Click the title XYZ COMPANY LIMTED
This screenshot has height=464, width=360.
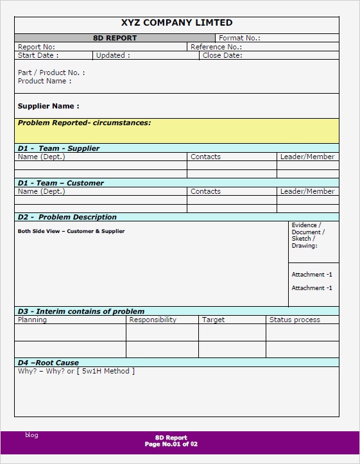[x=176, y=23]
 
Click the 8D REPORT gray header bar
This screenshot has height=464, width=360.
[x=115, y=38]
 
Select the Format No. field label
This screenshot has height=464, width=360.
[x=239, y=38]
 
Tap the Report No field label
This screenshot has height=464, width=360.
[x=37, y=47]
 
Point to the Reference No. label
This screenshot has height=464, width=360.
[x=216, y=47]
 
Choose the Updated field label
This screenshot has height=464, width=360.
[x=113, y=55]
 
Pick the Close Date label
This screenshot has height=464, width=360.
[x=222, y=55]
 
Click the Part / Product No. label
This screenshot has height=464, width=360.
[x=51, y=73]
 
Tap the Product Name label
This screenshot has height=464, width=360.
[x=45, y=81]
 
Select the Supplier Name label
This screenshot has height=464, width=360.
[x=49, y=106]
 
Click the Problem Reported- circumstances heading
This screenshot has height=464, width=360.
[x=84, y=123]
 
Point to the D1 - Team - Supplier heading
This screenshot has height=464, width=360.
[x=58, y=148]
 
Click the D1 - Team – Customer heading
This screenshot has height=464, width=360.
[x=60, y=183]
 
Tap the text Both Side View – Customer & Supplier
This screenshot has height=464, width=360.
[x=71, y=231]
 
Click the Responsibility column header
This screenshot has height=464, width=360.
[x=153, y=320]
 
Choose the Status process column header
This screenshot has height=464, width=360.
[x=295, y=320]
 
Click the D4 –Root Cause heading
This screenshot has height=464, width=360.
[x=48, y=363]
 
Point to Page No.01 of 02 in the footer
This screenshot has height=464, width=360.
[x=171, y=444]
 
